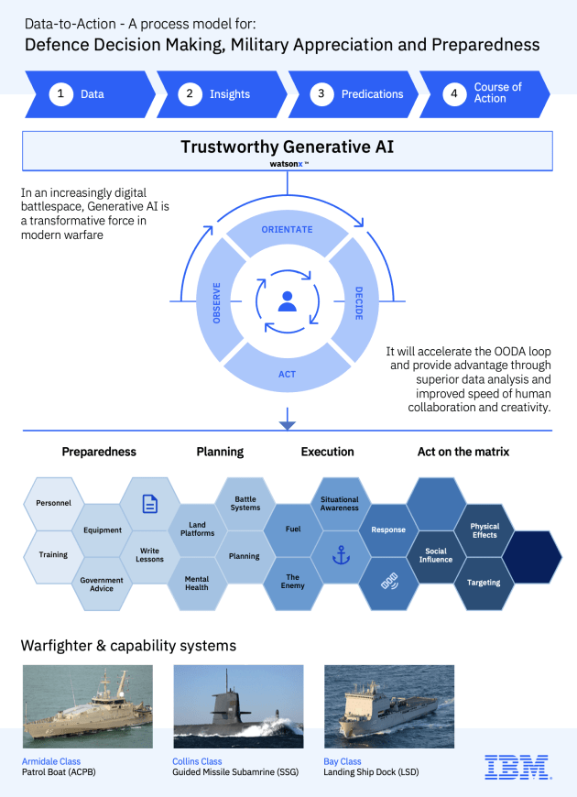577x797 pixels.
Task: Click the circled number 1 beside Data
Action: [61, 93]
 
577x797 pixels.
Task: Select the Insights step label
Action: [230, 93]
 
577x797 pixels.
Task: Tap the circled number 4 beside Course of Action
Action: [454, 93]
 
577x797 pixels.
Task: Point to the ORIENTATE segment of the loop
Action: [288, 229]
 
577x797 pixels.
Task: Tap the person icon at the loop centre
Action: [288, 301]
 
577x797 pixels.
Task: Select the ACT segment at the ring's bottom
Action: [288, 374]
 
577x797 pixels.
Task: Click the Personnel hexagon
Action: [53, 503]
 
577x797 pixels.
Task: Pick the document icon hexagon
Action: [150, 503]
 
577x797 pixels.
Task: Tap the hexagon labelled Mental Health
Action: [197, 583]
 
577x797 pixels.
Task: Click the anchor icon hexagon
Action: [340, 556]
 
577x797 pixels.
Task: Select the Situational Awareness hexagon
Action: [340, 503]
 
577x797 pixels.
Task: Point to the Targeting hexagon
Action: [484, 583]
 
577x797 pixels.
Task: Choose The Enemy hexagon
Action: [292, 583]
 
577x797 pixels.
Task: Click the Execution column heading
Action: [327, 452]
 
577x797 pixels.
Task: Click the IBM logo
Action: [517, 767]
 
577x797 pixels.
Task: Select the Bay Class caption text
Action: [343, 761]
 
